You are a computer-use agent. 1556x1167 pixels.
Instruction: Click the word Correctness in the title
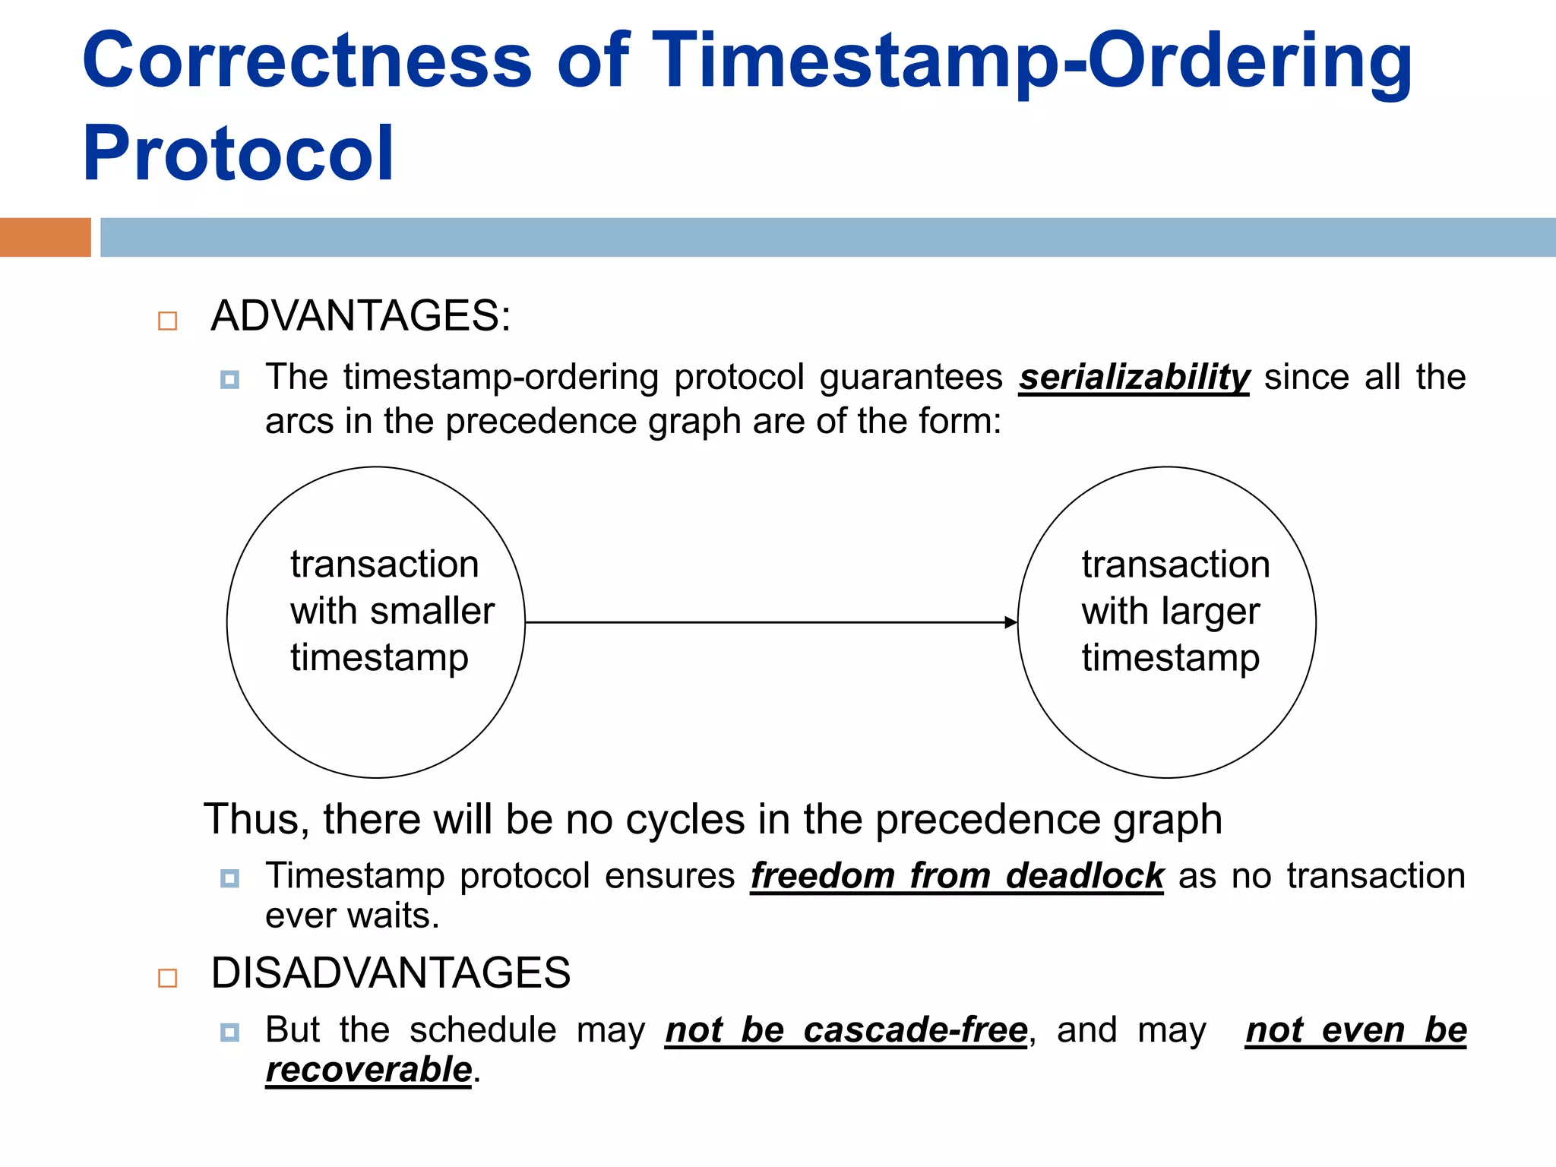pos(307,61)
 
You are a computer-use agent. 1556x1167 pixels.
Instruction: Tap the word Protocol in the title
pos(239,154)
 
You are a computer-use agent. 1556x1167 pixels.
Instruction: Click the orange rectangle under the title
pos(45,237)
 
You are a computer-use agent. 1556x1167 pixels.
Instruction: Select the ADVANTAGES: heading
pos(360,316)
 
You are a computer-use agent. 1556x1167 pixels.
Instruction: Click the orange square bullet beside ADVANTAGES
pos(167,321)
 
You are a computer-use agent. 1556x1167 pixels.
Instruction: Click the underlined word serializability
pos(1134,378)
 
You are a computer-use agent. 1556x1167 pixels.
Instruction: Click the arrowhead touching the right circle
pos(1010,622)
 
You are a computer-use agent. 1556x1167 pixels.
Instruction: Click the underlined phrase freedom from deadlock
pos(957,876)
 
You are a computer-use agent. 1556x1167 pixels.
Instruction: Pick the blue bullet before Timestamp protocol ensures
pos(229,879)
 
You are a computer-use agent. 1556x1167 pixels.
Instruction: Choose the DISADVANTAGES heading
pos(391,973)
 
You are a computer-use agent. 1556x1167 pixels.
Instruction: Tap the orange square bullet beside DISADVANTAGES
pos(167,978)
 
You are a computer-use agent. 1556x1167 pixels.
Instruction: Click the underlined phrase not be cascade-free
pos(846,1031)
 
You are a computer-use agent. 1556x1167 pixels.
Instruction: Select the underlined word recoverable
pos(368,1071)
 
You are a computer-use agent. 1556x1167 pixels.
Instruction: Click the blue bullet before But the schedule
pos(229,1033)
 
